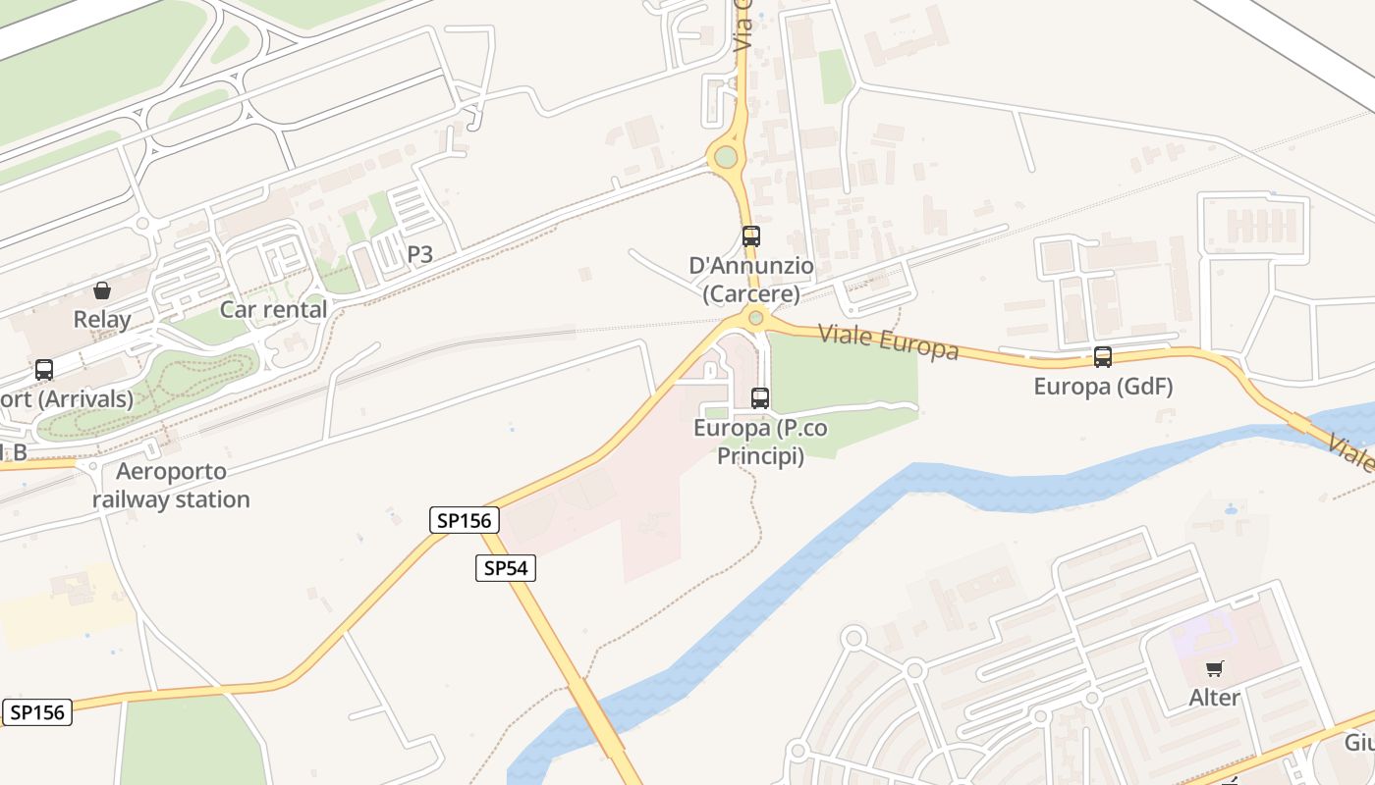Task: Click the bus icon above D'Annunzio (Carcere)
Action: tap(751, 236)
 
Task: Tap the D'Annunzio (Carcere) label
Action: tap(751, 279)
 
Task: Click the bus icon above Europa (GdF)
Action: tap(1103, 357)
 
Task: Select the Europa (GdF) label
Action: tap(1103, 387)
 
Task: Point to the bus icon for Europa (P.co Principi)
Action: tap(760, 397)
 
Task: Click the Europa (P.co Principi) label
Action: tap(760, 442)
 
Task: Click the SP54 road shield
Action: tap(506, 567)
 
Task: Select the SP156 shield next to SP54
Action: tap(465, 520)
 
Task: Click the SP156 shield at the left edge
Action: tap(36, 712)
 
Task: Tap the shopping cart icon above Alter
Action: tap(1215, 669)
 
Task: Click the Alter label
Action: tap(1215, 698)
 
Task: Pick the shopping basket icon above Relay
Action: tap(101, 290)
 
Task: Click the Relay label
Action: tap(101, 320)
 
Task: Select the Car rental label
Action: tap(273, 309)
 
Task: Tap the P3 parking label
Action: tap(419, 255)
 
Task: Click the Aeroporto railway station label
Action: tap(171, 485)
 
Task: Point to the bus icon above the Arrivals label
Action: tap(44, 370)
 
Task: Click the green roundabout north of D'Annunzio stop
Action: tap(726, 157)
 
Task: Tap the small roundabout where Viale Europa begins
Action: tap(755, 317)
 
